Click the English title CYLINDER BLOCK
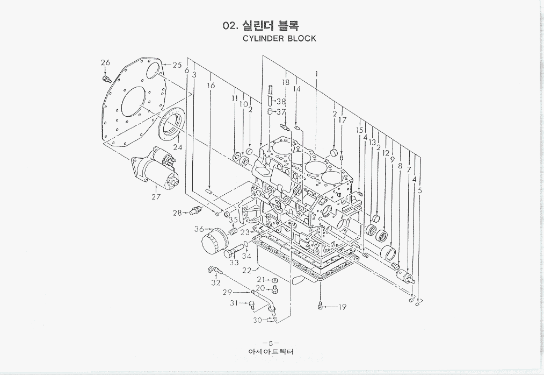point(279,39)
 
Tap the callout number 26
point(105,63)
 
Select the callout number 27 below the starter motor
point(156,197)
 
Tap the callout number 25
point(177,65)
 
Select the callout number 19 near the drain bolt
point(342,308)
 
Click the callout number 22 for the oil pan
point(246,270)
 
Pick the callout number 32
point(215,282)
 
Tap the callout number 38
point(281,101)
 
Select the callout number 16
point(211,86)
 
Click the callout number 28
point(177,213)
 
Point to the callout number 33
point(234,263)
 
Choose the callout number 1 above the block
point(317,73)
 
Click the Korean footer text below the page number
point(271,352)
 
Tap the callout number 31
point(234,303)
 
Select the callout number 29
point(227,292)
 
